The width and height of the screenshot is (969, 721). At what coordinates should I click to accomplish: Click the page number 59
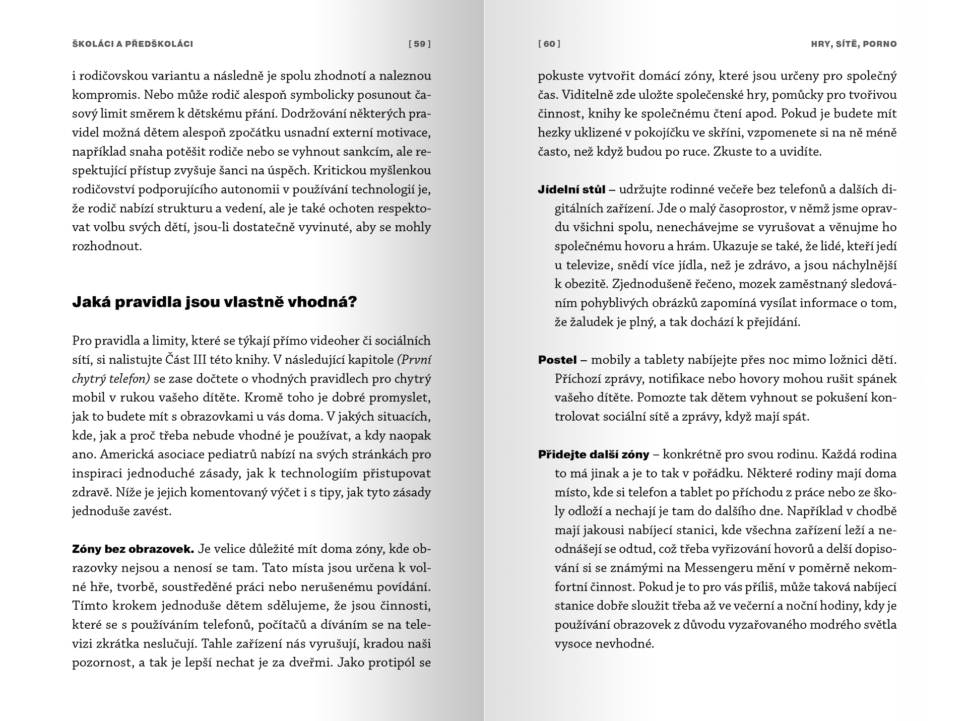[420, 44]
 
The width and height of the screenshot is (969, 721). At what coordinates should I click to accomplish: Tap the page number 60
[549, 44]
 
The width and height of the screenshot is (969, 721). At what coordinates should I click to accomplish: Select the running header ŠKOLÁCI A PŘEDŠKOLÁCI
[133, 44]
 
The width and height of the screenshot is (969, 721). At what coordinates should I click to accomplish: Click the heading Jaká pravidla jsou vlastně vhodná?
[215, 302]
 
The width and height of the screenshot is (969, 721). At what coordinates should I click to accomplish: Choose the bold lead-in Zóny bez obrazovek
[133, 549]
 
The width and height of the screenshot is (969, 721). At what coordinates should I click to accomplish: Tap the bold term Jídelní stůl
[571, 190]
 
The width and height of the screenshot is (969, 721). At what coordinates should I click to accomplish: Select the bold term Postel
[557, 360]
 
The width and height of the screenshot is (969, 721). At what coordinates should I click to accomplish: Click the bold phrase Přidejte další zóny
[594, 454]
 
